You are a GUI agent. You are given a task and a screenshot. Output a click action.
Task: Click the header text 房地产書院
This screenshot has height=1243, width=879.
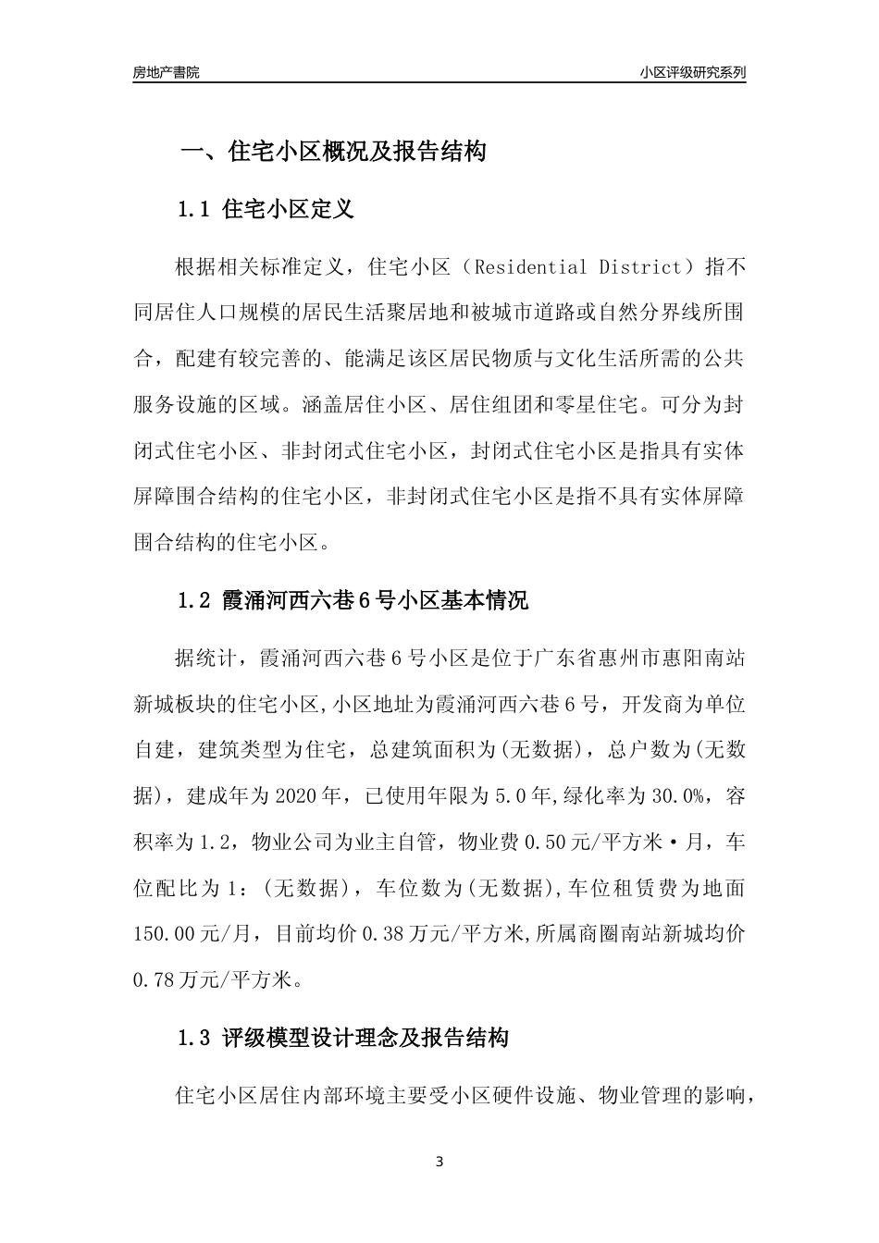166,72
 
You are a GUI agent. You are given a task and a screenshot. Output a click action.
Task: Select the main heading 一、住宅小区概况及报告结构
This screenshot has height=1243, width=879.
332,152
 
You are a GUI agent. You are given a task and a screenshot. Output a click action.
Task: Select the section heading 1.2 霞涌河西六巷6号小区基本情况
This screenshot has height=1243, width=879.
353,600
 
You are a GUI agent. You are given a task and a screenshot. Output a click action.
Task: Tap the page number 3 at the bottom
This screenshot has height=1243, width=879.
439,1162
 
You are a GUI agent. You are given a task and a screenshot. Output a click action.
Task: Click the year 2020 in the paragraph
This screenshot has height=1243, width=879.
296,795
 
